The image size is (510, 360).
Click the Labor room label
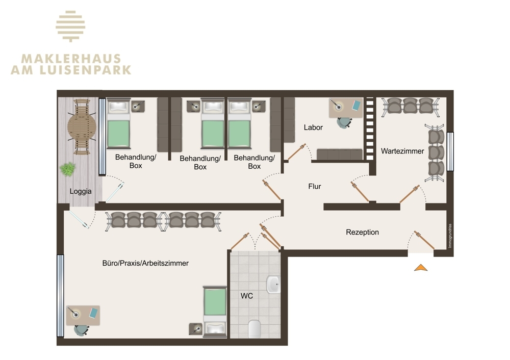coord(313,127)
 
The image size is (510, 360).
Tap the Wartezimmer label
coord(402,151)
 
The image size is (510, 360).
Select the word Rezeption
coord(362,232)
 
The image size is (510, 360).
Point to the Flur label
coord(315,187)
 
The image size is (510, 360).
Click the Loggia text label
coord(81,191)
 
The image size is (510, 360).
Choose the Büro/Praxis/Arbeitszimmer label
coord(145,263)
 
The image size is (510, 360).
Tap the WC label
coord(247,296)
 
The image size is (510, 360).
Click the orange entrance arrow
coord(421,267)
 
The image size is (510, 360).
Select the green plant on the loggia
coord(67,169)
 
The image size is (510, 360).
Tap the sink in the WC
coord(273,285)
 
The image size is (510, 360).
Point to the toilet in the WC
coord(254,328)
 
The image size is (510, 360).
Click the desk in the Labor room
coord(345,108)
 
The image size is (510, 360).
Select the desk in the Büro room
coord(83,315)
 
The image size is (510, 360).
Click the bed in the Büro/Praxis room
coord(215,311)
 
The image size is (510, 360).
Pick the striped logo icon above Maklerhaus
coord(71,26)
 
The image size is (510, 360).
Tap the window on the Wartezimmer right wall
coord(450,151)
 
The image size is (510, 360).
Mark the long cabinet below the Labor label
coord(339,154)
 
